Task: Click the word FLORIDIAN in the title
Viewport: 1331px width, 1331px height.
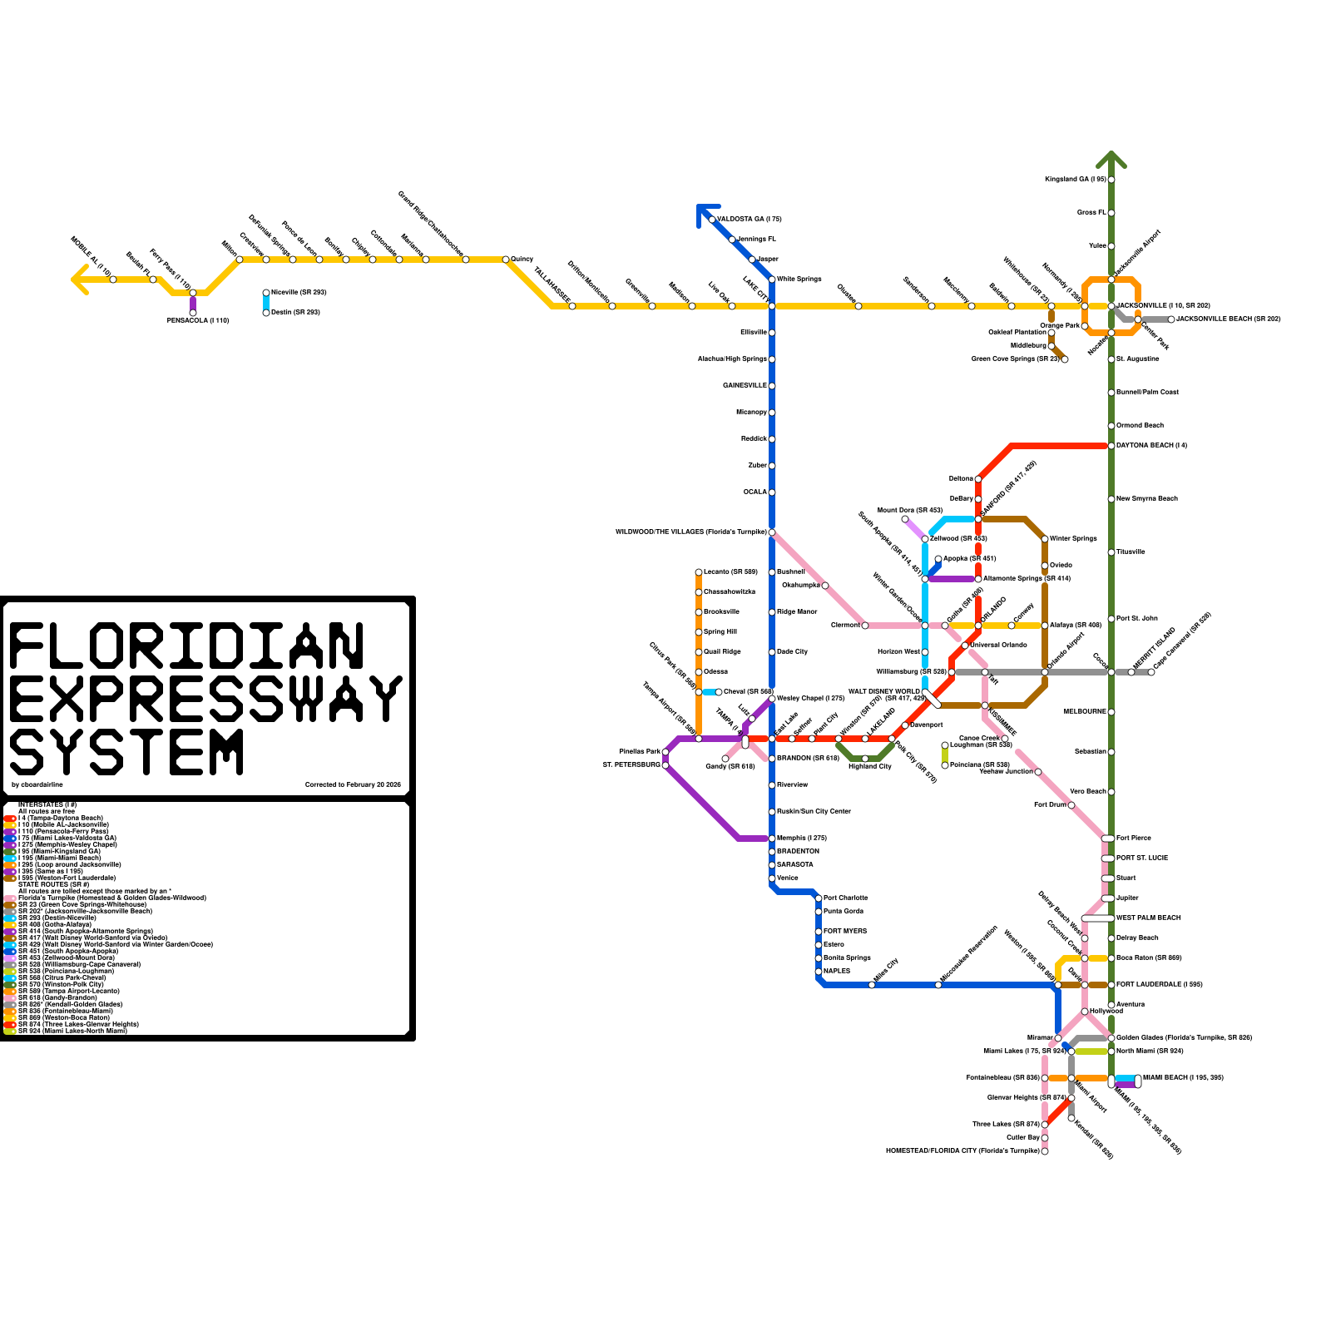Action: [186, 646]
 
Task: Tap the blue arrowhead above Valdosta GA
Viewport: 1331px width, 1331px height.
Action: [705, 212]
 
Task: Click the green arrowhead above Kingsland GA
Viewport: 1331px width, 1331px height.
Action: [1111, 159]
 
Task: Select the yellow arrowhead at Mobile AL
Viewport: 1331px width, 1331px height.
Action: [80, 280]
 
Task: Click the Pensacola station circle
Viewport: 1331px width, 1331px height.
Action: [193, 313]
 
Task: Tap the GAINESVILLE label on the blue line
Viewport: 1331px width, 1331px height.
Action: [745, 385]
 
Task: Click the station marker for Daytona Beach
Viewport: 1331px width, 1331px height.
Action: [1111, 446]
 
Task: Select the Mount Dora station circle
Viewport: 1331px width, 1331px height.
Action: [905, 519]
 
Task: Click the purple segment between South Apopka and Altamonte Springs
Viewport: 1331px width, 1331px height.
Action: [952, 579]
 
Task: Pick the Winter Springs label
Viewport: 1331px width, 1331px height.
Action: [1073, 538]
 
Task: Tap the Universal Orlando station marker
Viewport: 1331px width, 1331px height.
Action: [965, 646]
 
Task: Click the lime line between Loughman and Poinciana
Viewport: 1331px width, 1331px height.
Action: [945, 755]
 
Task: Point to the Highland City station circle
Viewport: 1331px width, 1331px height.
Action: [865, 759]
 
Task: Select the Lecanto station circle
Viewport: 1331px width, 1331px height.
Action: [699, 572]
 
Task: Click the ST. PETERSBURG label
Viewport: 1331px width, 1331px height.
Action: [631, 764]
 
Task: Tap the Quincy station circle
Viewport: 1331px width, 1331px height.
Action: [506, 260]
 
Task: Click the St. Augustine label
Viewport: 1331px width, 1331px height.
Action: [1137, 359]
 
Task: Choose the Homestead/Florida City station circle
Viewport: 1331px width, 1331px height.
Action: [1045, 1151]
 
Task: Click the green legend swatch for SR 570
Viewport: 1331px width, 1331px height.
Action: [9, 984]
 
